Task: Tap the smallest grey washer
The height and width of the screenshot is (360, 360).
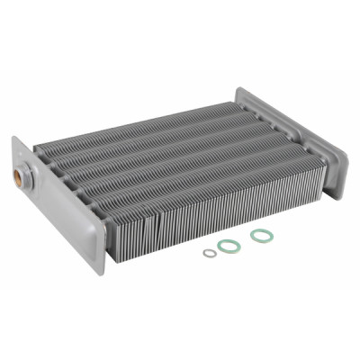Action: [x=210, y=253]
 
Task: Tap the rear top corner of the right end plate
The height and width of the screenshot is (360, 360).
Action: [x=239, y=88]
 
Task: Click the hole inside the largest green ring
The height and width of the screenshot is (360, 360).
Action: [x=262, y=235]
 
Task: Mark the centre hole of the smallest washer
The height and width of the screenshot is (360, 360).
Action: [x=210, y=253]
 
